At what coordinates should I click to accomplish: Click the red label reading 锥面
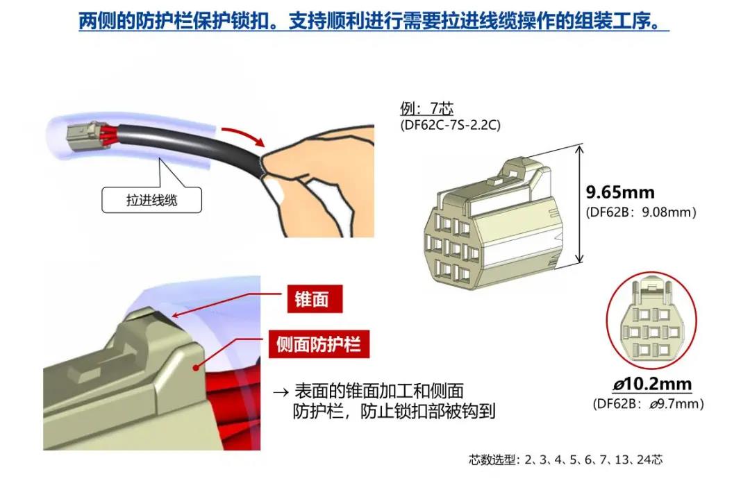click(315, 299)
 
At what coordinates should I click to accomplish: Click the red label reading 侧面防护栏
click(319, 344)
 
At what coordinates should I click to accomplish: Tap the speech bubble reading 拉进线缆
click(151, 199)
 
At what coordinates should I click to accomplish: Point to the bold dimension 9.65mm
click(620, 192)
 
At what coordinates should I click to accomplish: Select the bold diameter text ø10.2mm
click(652, 383)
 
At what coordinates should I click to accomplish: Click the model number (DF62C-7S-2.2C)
click(450, 125)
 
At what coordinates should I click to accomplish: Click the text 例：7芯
click(426, 108)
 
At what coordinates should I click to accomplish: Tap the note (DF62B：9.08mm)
click(641, 212)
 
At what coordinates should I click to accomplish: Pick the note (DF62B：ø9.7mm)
click(648, 404)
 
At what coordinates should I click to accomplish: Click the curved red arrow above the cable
click(244, 134)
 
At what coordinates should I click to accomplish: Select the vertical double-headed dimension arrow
click(579, 204)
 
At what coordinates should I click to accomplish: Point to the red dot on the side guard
click(196, 368)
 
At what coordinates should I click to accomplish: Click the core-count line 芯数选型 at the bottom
click(565, 460)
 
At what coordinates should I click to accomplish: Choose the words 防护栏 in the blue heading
click(163, 21)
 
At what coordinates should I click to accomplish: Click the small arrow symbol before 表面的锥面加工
click(281, 393)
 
